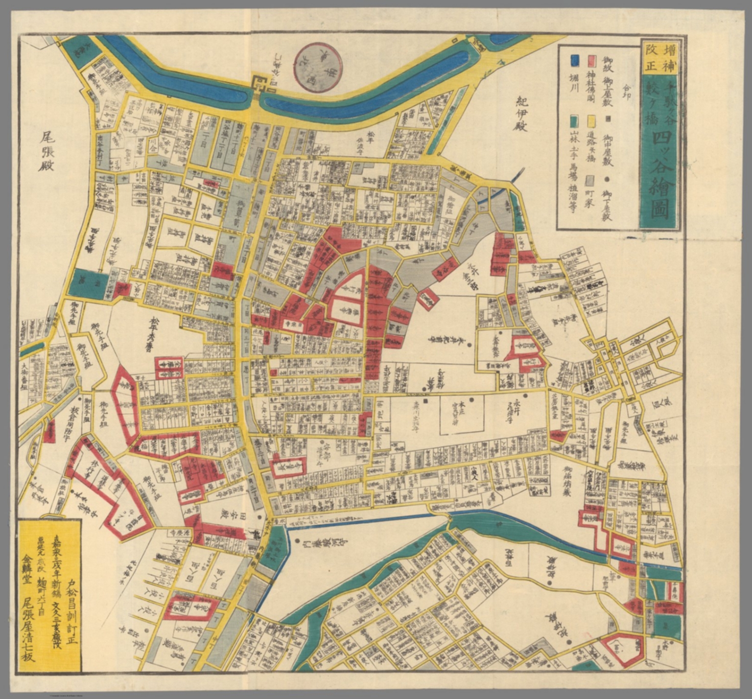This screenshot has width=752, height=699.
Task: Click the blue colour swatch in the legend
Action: (575, 60)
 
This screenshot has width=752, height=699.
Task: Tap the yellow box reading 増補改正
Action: (659, 58)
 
